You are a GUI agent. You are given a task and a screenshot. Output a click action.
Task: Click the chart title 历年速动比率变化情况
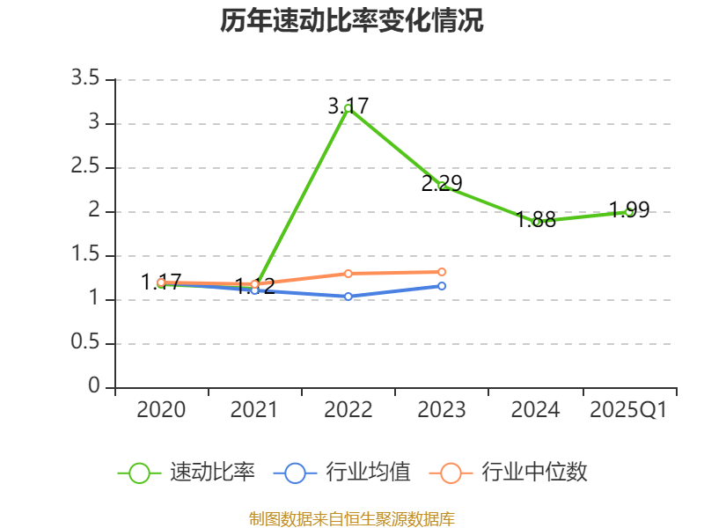tap(352, 21)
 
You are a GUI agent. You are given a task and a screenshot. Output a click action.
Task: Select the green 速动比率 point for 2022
tap(348, 108)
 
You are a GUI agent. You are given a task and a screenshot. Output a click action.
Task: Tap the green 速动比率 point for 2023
tap(442, 186)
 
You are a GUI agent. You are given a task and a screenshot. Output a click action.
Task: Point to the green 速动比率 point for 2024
tap(536, 222)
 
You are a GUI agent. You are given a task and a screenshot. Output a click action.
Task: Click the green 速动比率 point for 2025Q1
tap(629, 211)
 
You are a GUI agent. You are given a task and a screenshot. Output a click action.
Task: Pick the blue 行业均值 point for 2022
tap(348, 297)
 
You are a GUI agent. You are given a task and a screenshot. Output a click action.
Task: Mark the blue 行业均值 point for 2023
tap(442, 286)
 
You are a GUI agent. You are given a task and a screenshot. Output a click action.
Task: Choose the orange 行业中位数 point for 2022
tap(348, 273)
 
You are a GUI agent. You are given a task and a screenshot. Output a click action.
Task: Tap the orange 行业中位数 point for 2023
tap(442, 272)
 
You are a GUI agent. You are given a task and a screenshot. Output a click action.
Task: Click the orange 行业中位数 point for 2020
tap(161, 282)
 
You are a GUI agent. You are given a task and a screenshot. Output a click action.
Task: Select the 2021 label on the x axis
tap(254, 410)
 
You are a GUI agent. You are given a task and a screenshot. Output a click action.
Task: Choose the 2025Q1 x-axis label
tap(628, 410)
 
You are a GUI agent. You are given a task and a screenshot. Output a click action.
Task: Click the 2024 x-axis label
tap(535, 410)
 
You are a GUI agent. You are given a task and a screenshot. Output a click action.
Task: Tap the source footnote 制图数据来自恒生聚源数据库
tap(352, 519)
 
